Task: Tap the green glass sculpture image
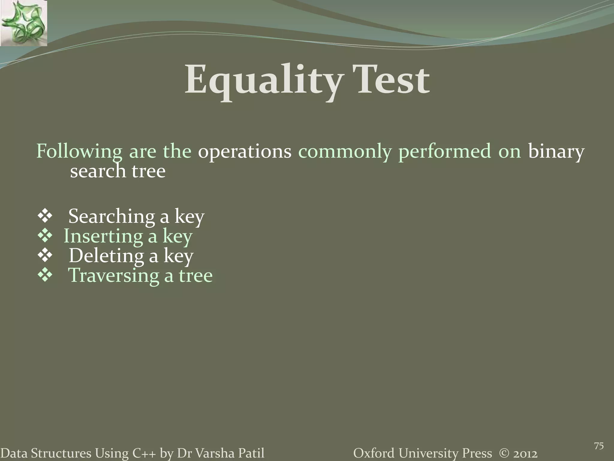coord(23,23)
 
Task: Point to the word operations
coord(244,151)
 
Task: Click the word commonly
coord(345,151)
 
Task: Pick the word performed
coord(445,151)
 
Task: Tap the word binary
coord(556,151)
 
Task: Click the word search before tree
coord(98,171)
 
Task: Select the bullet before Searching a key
coord(45,216)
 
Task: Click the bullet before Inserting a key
coord(45,236)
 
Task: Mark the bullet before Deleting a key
coord(45,255)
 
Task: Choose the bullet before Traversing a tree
coord(45,275)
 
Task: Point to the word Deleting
coord(106,256)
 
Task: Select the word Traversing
coord(114,275)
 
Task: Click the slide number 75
coord(599,446)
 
